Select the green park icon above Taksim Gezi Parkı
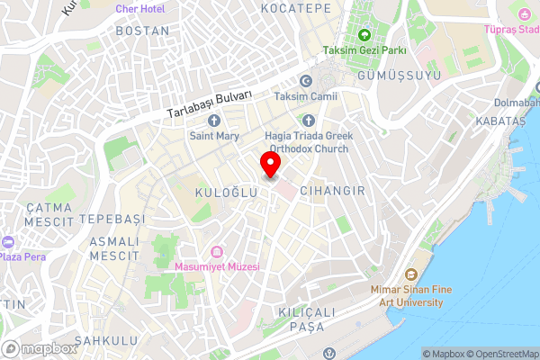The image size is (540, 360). tap(364, 36)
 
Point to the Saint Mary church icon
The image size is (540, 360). tap(214, 121)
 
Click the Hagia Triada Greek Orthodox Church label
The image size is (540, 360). tap(309, 142)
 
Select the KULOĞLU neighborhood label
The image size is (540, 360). tap(220, 193)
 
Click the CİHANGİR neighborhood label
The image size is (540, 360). tap(332, 191)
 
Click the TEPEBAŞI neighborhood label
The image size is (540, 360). tap(112, 219)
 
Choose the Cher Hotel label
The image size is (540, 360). tap(139, 8)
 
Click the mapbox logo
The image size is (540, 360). tap(39, 348)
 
